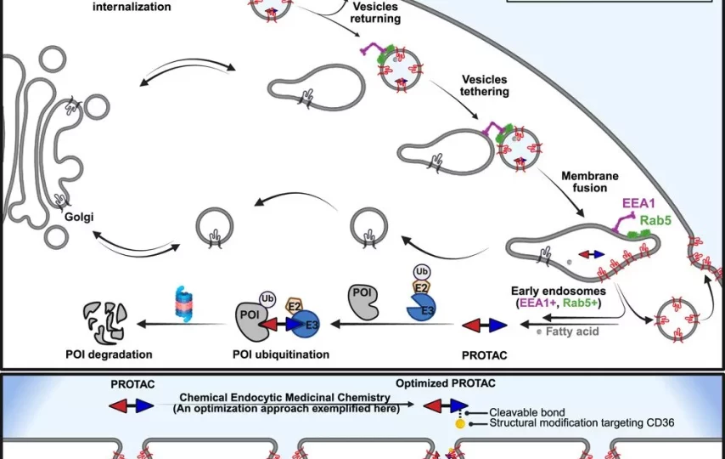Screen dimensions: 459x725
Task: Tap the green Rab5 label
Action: [656, 219]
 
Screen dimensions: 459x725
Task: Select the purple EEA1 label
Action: [639, 203]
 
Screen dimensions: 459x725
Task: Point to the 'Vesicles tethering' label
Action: [482, 85]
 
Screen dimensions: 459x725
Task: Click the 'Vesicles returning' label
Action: [374, 12]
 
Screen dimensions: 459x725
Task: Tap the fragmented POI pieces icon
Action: [105, 321]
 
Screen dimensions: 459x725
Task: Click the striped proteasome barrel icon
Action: [184, 303]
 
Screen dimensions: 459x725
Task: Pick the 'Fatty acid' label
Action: [573, 331]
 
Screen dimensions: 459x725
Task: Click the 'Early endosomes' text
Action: [558, 290]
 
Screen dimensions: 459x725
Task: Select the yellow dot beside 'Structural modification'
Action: [460, 422]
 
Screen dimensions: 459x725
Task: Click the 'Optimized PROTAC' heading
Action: [445, 383]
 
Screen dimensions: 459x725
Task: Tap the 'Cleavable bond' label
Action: [526, 412]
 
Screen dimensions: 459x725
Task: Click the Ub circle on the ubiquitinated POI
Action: [266, 298]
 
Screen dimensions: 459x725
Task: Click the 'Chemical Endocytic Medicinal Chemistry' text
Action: [286, 397]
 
